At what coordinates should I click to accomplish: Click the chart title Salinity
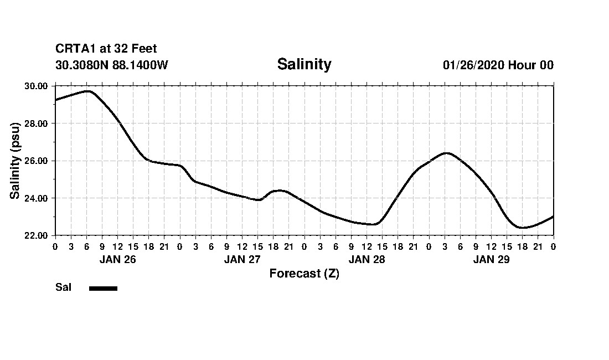pos(304,64)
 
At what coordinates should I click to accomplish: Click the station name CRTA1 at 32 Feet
pos(106,49)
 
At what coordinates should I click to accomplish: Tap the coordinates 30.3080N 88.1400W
pos(112,65)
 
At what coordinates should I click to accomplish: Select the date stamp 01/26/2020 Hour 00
pos(498,65)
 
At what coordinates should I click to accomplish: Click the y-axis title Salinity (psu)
pos(16,161)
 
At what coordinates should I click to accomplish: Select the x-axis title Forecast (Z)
pos(304,273)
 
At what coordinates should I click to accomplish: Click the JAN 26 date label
pos(117,259)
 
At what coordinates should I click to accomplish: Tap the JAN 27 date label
pos(242,259)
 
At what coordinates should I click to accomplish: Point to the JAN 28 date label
pos(367,259)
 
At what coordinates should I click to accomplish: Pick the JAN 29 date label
pos(491,259)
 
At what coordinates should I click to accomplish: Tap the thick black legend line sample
pos(103,288)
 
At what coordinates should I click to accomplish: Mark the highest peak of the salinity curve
pos(87,91)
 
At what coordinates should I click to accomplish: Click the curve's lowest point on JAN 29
pos(522,227)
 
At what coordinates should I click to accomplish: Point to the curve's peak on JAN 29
pos(446,153)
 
